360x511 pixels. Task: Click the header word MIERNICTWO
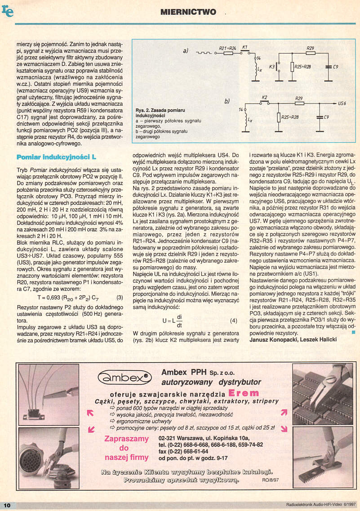point(188,12)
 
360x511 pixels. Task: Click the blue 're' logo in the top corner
point(8,11)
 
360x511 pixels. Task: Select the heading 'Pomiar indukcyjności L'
point(56,157)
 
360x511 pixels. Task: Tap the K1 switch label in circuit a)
point(245,47)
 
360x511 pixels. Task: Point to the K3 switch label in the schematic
point(271,66)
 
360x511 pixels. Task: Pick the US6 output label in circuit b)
point(342,103)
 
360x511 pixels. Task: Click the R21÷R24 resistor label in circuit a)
point(227,47)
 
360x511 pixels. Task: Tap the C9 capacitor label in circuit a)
point(335,67)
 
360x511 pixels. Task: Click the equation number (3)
point(120,297)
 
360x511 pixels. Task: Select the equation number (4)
point(233,321)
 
